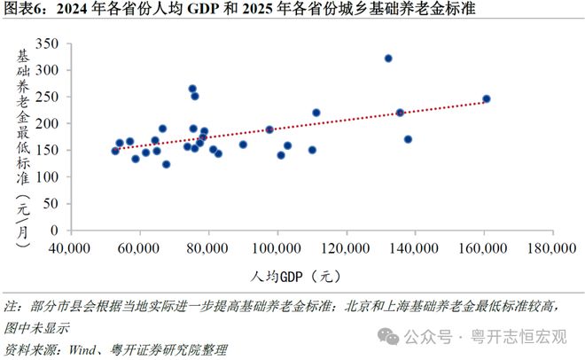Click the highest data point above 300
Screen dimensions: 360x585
click(x=388, y=59)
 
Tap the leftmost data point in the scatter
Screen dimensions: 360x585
click(x=115, y=151)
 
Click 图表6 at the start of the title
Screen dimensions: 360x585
click(x=21, y=10)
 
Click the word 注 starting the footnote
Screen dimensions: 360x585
click(x=11, y=307)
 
